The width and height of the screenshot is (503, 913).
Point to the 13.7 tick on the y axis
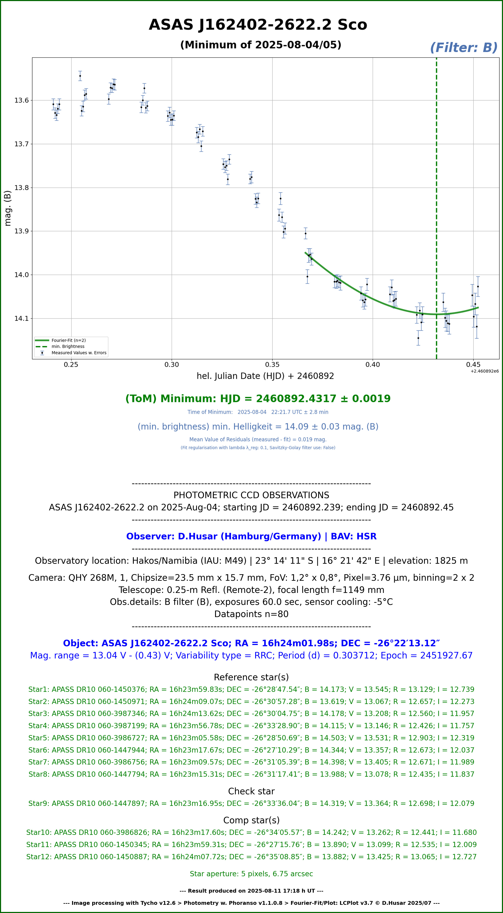pos(21,144)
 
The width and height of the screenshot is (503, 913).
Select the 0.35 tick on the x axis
pos(272,365)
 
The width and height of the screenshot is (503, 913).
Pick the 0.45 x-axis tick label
pos(473,365)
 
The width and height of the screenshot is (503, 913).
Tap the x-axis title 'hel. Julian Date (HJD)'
pos(265,376)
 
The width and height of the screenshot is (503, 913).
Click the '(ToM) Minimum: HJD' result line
pos(258,399)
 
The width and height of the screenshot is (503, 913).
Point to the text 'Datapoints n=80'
pos(251,614)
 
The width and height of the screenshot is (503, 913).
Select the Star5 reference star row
pos(251,738)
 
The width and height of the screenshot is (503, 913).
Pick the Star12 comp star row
pos(251,857)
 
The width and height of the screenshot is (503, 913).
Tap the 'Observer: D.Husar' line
pos(251,536)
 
